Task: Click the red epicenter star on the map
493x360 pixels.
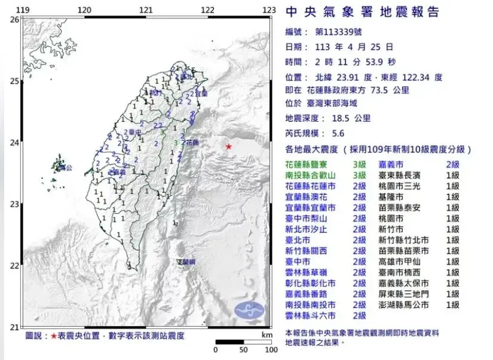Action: point(228,146)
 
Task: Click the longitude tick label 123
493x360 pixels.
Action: point(269,10)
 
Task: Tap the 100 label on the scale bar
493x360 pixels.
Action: point(271,350)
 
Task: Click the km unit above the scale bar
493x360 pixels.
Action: point(267,335)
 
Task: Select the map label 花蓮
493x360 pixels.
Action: point(192,143)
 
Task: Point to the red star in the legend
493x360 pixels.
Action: point(54,337)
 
